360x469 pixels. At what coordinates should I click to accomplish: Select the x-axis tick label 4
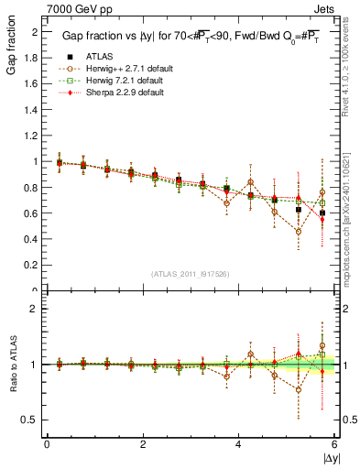click(239, 444)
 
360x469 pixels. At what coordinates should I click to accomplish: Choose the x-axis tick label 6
click(335, 444)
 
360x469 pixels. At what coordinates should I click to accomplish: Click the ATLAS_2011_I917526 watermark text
click(191, 275)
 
